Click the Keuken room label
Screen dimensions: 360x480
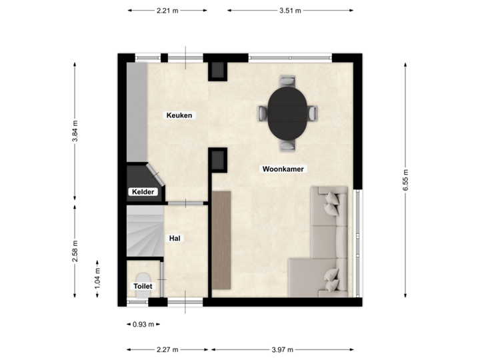tap(179, 115)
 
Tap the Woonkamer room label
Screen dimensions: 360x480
tap(283, 169)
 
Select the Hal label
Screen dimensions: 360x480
tap(175, 238)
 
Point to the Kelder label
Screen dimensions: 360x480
tap(143, 192)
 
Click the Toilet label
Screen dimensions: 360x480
tap(143, 286)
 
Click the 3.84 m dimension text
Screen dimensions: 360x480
tap(75, 131)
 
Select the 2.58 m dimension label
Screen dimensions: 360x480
tap(75, 251)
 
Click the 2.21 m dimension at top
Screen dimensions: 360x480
tap(167, 11)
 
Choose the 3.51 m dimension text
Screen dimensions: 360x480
tap(290, 11)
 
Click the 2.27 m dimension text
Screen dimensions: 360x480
tap(168, 349)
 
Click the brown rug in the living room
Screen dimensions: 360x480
tap(221, 241)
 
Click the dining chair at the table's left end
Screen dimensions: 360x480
tap(262, 113)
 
